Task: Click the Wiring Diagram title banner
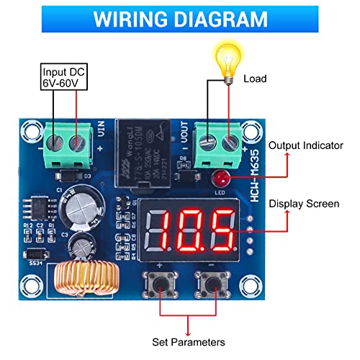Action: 179,18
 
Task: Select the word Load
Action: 255,78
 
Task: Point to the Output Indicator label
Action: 305,146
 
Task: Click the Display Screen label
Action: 303,204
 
